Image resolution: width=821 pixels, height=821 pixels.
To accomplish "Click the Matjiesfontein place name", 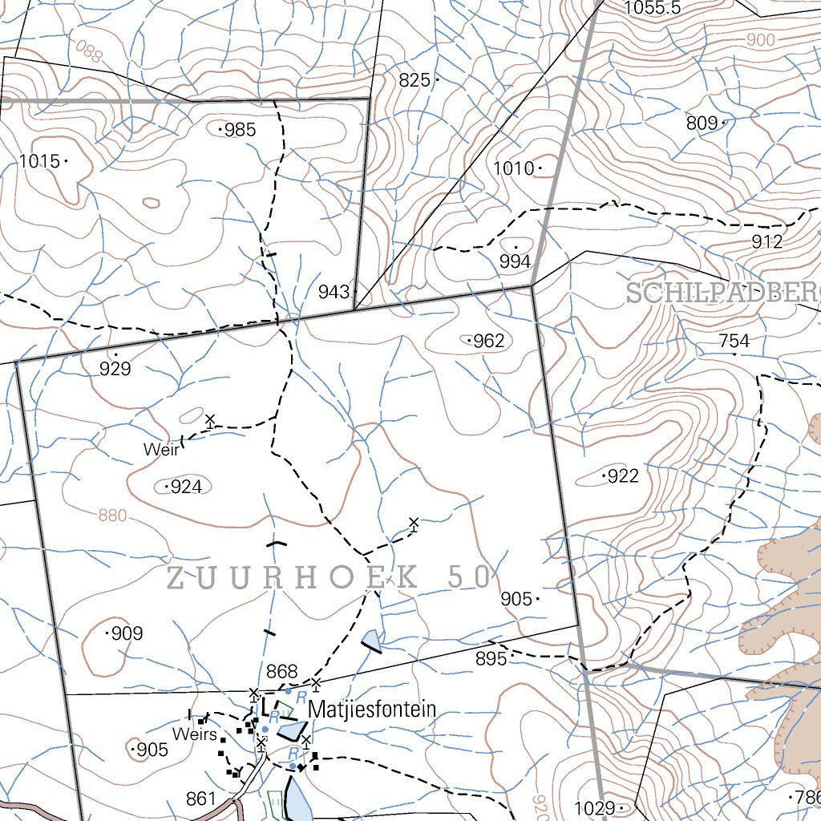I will [372, 710].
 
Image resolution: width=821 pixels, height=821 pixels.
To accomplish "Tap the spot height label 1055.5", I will [652, 8].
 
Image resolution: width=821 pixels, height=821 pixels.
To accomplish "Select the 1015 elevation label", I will [39, 161].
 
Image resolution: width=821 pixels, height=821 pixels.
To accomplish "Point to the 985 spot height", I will [240, 129].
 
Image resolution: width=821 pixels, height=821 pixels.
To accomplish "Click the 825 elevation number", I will [415, 80].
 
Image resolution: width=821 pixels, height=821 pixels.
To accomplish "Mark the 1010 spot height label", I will [513, 168].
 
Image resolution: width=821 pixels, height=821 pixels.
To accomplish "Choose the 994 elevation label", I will [515, 261].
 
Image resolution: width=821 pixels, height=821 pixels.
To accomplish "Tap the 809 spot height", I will [702, 123].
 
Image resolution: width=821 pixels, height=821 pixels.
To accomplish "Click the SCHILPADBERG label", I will [722, 293].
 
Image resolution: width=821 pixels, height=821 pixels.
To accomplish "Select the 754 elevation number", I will [734, 342].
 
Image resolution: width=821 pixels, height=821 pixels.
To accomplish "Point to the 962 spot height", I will [489, 341].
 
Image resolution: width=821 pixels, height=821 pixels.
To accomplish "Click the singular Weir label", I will [160, 450].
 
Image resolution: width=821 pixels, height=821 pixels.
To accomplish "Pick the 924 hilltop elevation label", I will [186, 487].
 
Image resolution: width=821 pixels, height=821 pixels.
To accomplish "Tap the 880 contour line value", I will [112, 516].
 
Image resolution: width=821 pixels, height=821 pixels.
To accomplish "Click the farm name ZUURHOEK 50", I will [329, 576].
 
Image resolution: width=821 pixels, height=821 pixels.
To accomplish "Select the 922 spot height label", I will [623, 476].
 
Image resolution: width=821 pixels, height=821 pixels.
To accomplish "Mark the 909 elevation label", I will [127, 633].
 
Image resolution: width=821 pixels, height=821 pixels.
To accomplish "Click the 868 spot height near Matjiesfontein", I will [281, 672].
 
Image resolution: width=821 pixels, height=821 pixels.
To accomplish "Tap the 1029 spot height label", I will [594, 807].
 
